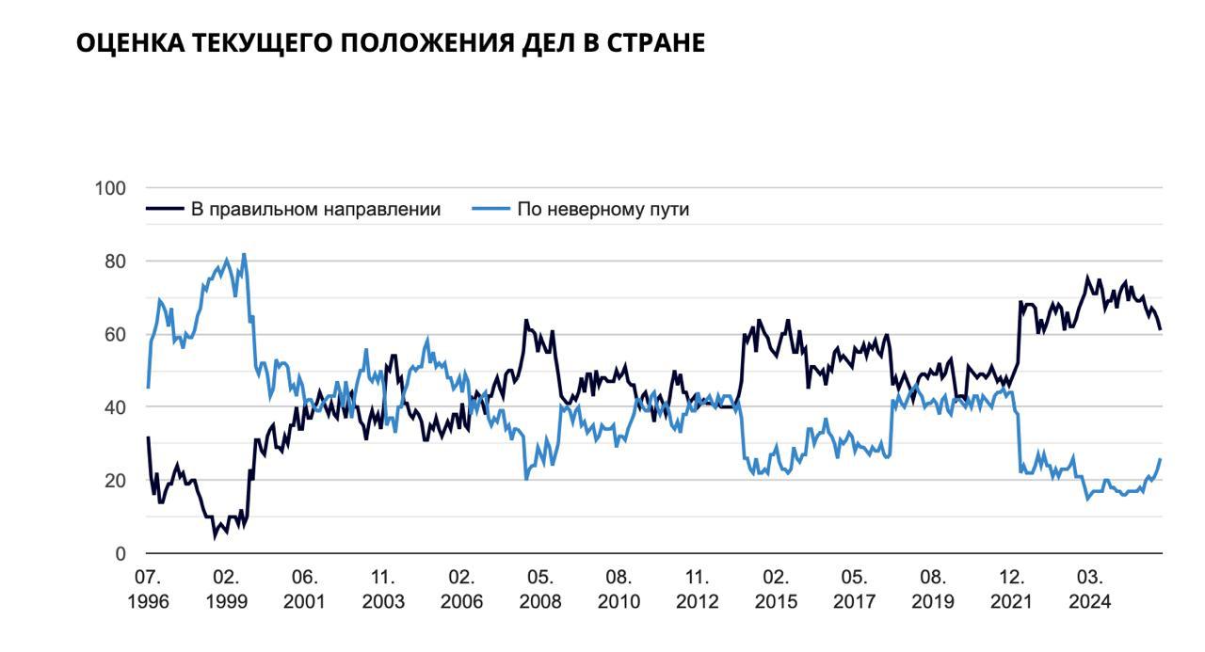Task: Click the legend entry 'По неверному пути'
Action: pos(602,209)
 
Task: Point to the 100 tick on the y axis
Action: pos(110,188)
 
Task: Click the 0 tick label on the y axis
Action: pos(120,554)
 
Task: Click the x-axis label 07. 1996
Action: pos(148,589)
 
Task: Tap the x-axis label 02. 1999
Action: pos(226,589)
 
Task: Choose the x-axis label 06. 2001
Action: pos(304,589)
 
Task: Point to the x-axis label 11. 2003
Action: pos(383,589)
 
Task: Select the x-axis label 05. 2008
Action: pos(540,589)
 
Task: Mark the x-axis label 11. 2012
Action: pos(698,589)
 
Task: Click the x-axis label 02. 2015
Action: pos(776,589)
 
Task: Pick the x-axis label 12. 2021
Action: pos(1012,589)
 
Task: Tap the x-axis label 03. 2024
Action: pos(1090,589)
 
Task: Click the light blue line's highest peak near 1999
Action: pos(244,254)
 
